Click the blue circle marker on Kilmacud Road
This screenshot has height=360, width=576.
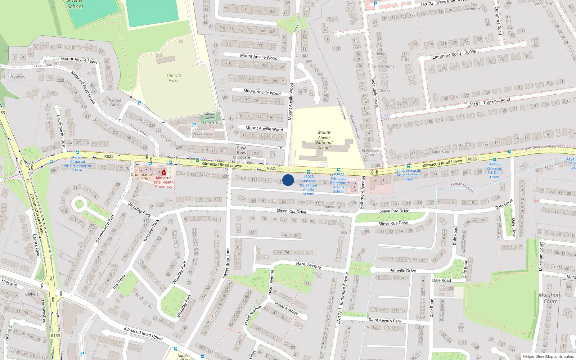click(288, 180)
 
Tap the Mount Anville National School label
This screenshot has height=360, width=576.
click(324, 140)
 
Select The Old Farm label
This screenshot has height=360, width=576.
click(174, 78)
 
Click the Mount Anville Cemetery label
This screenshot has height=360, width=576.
click(211, 118)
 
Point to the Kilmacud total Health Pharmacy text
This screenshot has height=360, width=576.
click(164, 182)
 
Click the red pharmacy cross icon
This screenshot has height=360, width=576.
click(164, 172)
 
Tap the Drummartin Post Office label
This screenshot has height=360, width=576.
click(141, 177)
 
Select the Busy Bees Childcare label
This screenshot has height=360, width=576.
click(242, 153)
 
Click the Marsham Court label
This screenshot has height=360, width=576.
click(550, 298)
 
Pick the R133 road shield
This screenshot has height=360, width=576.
click(55, 336)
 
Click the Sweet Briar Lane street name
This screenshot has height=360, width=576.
click(226, 263)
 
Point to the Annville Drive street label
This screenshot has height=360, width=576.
click(403, 270)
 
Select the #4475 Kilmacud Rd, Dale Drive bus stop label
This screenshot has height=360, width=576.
click(494, 170)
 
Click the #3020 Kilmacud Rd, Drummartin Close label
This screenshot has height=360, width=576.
click(77, 163)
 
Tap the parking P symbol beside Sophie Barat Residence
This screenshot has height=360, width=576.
click(194, 125)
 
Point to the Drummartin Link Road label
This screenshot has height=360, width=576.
click(37, 214)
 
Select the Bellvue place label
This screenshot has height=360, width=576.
click(32, 294)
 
